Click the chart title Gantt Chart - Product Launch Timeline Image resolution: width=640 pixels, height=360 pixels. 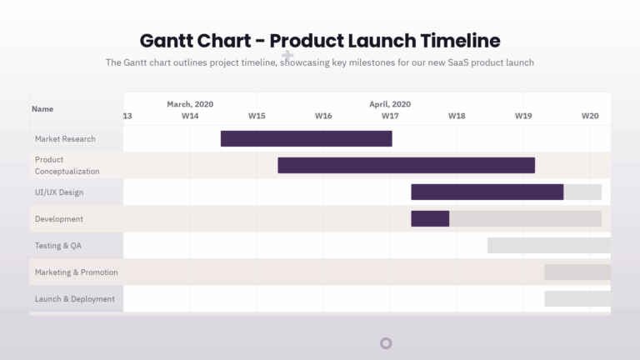coord(320,40)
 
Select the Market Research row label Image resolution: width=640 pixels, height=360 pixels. coord(65,139)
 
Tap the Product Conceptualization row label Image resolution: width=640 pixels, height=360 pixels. coord(67,165)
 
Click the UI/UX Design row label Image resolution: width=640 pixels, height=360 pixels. coord(59,192)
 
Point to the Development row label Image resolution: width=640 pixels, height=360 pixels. coord(59,219)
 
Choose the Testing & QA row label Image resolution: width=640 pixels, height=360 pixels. coord(58,246)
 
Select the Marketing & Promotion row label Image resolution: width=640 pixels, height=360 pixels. coord(76,272)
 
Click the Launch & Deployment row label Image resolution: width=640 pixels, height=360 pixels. coord(75,299)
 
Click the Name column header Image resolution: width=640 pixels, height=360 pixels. coord(42,109)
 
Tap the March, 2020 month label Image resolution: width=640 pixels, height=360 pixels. coord(190,104)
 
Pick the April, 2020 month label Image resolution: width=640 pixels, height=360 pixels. coord(390,104)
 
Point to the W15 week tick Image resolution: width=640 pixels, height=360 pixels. coord(257,116)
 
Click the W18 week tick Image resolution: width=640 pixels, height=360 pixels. coord(457,116)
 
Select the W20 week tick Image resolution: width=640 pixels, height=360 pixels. coord(590,116)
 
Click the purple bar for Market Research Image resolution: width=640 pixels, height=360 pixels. coord(306,138)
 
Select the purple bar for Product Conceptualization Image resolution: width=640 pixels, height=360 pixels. coord(406,165)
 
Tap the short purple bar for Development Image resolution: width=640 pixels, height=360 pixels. coord(430,218)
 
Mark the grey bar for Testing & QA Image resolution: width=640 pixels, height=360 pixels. coord(548,245)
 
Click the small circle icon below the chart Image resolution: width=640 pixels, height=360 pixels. coord(386,343)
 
